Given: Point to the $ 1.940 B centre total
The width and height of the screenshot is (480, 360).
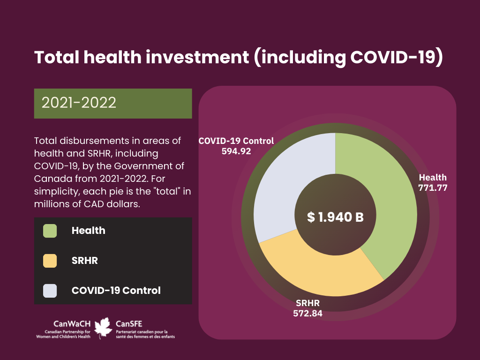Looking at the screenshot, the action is tap(335, 217).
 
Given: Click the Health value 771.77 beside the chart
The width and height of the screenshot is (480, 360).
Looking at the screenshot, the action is tap(433, 187).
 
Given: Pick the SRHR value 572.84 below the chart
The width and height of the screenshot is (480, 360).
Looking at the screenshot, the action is tap(307, 314).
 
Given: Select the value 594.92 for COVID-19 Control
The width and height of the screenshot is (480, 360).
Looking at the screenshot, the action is tap(236, 151).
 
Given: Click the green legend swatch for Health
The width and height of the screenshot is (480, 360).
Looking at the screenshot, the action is tap(50, 231).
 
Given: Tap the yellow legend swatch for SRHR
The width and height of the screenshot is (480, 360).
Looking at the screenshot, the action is tap(50, 261).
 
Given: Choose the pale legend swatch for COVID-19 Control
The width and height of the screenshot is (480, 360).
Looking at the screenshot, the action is tap(50, 291).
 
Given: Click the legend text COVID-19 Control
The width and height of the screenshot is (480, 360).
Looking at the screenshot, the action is tap(116, 291).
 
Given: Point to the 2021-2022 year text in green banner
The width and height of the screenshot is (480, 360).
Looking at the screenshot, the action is tap(79, 103).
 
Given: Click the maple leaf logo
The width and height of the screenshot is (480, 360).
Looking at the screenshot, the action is tap(103, 328).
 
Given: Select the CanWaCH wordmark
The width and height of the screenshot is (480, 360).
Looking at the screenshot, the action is tap(72, 324).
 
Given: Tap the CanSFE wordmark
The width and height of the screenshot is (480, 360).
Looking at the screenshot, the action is tap(129, 324).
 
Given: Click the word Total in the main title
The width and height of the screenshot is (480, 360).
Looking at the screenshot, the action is tap(57, 57).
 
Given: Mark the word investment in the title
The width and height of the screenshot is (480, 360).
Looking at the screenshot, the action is tap(197, 57).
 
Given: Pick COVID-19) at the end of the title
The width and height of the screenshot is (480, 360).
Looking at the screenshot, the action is tap(397, 57).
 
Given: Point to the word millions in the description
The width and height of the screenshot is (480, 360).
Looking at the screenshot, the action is tap(50, 204).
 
